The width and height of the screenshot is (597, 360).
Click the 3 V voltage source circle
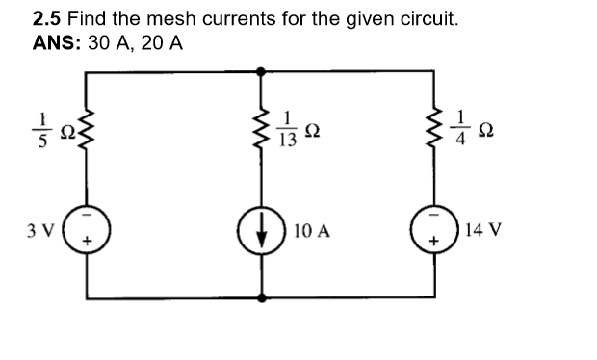(x=91, y=233)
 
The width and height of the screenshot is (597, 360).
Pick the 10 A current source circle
(x=261, y=233)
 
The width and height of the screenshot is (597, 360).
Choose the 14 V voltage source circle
(x=428, y=233)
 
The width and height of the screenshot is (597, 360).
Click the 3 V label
(x=41, y=231)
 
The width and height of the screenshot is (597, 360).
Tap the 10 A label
(x=313, y=232)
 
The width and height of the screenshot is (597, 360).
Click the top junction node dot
(x=261, y=71)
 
